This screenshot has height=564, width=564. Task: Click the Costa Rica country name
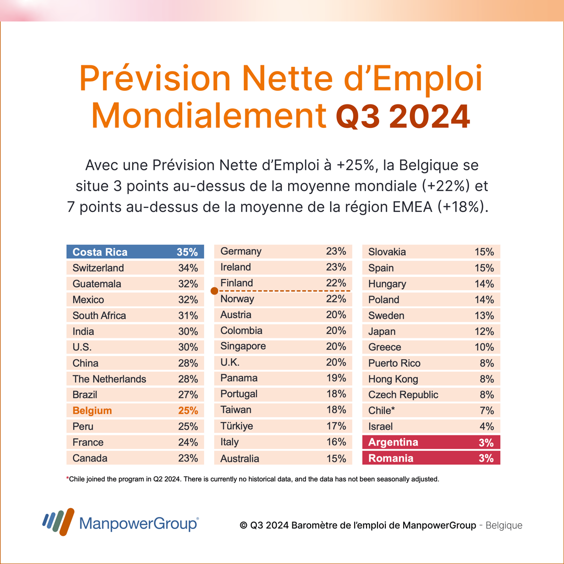click(x=100, y=252)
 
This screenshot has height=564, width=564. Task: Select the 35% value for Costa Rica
click(x=187, y=252)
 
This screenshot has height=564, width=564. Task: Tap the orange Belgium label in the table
click(x=92, y=411)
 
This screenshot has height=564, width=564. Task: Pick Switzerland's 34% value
click(x=188, y=268)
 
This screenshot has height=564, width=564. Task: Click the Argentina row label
click(x=393, y=442)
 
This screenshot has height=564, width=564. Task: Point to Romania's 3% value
click(x=486, y=459)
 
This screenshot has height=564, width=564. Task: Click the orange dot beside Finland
click(x=215, y=291)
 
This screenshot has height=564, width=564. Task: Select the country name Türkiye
click(x=237, y=426)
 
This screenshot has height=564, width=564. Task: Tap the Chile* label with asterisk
click(x=382, y=410)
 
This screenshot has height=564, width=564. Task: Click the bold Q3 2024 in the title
click(x=403, y=116)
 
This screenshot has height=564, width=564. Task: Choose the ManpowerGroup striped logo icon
click(x=58, y=522)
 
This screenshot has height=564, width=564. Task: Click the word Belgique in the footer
click(x=504, y=525)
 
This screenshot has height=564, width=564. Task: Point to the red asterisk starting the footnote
click(x=67, y=478)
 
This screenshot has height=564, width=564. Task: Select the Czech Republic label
click(x=403, y=395)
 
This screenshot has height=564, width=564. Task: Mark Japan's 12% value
click(x=484, y=331)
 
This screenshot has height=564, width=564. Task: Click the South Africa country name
click(x=99, y=315)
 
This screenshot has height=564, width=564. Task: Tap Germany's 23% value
click(x=336, y=251)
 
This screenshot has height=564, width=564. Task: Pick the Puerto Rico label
click(x=394, y=363)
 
